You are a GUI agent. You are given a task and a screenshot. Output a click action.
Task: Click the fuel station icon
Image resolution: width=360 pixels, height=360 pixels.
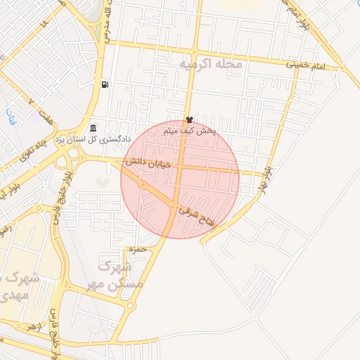tap(105, 85)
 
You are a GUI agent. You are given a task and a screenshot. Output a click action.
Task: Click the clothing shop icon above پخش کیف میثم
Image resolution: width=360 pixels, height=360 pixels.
tap(188, 119)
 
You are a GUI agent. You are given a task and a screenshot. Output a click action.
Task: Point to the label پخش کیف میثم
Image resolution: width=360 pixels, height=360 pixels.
tap(190, 131)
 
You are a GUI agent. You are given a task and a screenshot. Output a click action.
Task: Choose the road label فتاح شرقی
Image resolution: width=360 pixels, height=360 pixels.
tap(198, 214)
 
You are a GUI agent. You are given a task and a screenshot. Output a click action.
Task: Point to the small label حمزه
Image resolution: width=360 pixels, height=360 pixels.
tap(137, 249)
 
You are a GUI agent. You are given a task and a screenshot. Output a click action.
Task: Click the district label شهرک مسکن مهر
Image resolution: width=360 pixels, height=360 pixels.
tap(115, 276)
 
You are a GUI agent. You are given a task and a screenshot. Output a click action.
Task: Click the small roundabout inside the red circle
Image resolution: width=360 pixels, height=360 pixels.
tap(143, 184)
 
